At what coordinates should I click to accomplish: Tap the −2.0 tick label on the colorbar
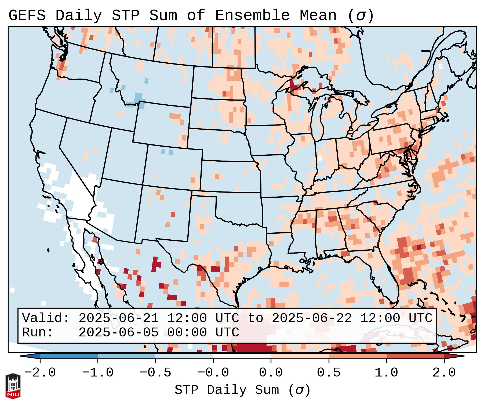[x=40, y=373]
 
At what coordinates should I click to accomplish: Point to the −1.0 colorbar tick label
[x=98, y=373]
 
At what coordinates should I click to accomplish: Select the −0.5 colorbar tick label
[x=155, y=373]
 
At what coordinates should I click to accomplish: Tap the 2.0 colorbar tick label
[x=444, y=373]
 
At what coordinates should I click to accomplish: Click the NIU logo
[x=13, y=386]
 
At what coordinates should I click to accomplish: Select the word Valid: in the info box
[x=46, y=318]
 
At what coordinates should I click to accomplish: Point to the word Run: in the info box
[x=38, y=332]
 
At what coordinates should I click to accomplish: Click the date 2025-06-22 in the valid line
[x=312, y=318]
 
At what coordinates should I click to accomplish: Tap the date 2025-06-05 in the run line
[x=118, y=332]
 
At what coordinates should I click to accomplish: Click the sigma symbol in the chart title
[x=361, y=16]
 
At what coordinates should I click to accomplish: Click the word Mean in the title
[x=318, y=16]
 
